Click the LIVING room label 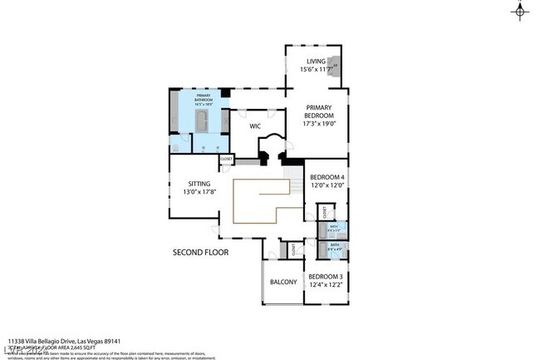click(x=315, y=61)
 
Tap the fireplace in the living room click(x=334, y=66)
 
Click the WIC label click(x=256, y=126)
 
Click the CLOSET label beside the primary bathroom click(x=226, y=158)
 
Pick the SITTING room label click(x=199, y=183)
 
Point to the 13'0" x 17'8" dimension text click(x=199, y=192)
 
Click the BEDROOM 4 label click(x=326, y=177)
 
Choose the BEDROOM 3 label click(x=325, y=276)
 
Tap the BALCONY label click(x=283, y=282)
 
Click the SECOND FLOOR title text click(x=200, y=251)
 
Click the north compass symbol click(x=520, y=12)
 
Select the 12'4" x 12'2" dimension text click(x=325, y=285)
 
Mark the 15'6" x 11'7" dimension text click(x=315, y=70)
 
